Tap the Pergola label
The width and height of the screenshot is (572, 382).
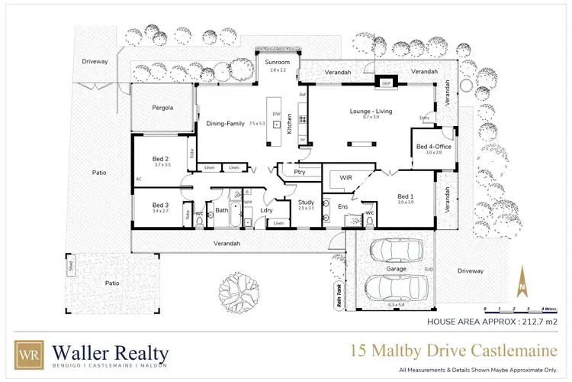(x=161, y=108)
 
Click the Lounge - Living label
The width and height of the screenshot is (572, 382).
(x=371, y=111)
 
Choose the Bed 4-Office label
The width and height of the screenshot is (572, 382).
(x=433, y=146)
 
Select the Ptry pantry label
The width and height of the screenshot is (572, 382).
(x=299, y=172)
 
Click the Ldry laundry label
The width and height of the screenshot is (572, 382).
(x=266, y=210)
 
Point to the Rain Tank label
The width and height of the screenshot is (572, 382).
(x=339, y=294)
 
